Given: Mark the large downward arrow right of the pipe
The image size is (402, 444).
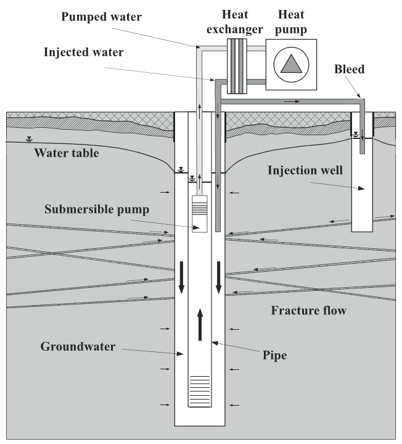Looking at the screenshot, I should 218,278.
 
